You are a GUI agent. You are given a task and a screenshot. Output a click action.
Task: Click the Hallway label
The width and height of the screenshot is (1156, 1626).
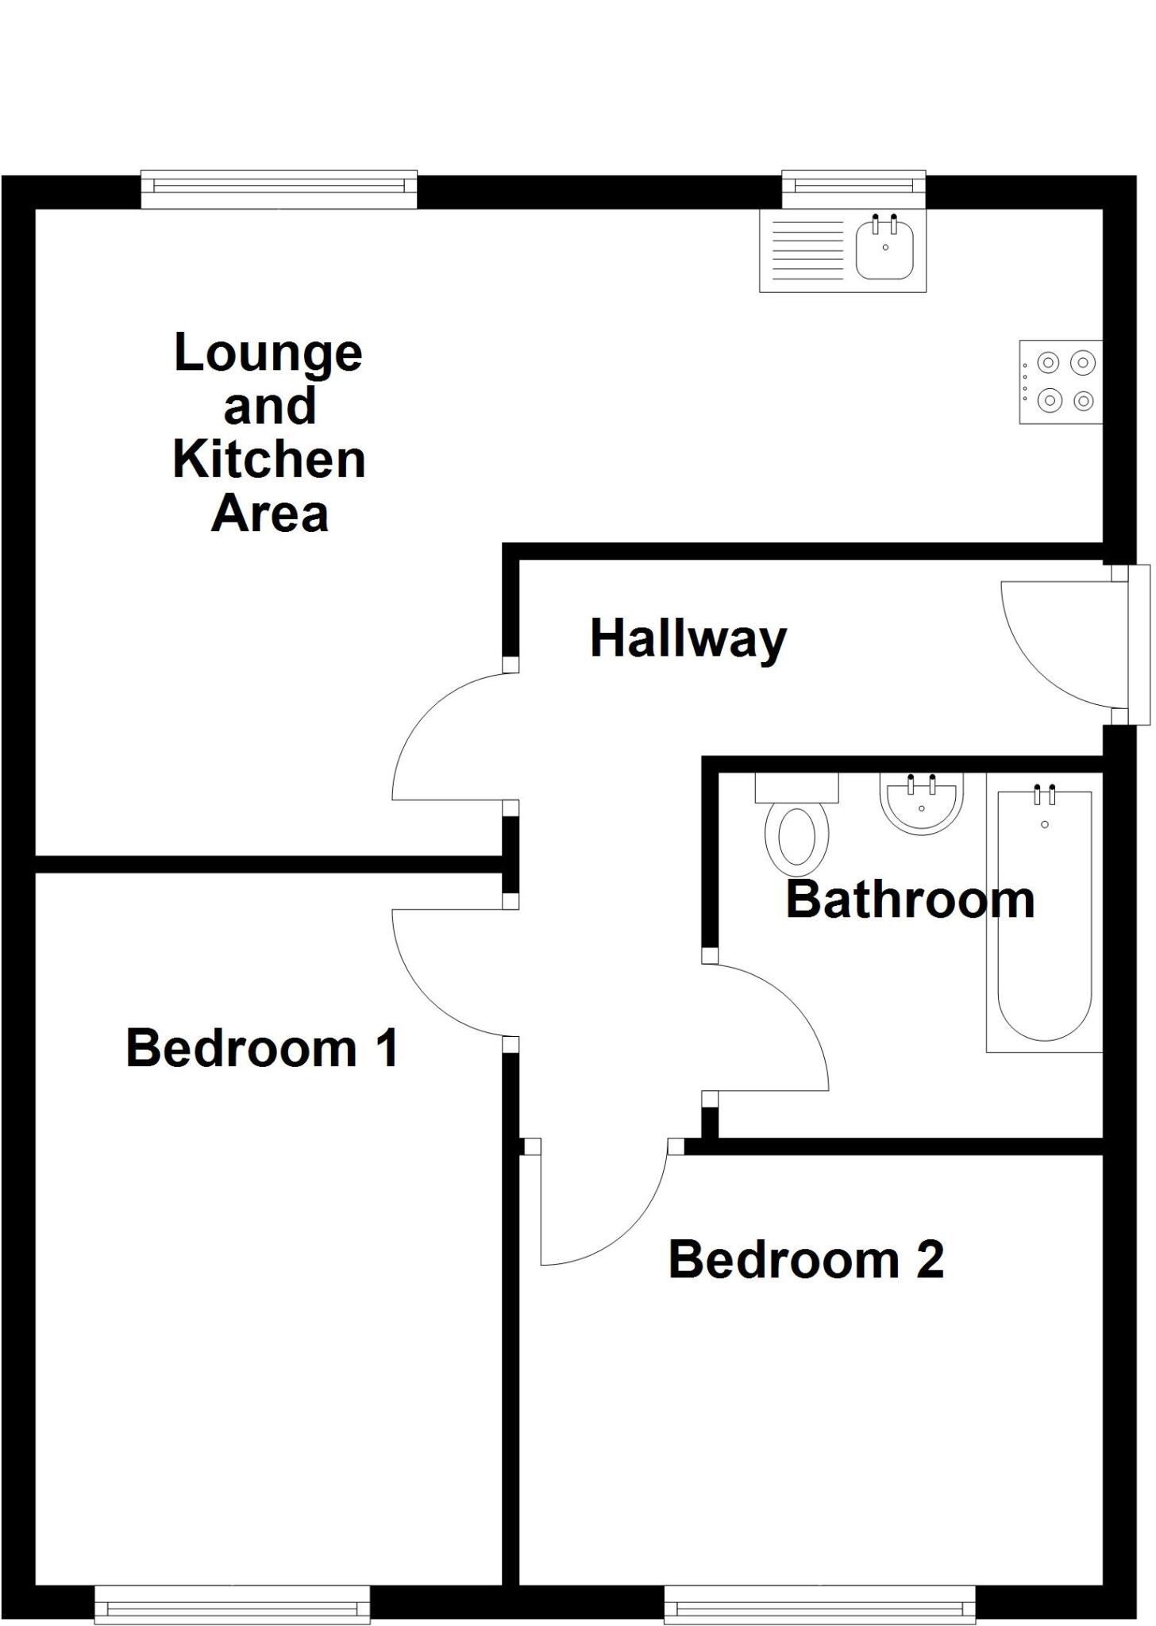point(688,639)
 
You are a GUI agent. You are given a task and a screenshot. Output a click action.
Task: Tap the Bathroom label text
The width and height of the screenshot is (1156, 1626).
point(910,900)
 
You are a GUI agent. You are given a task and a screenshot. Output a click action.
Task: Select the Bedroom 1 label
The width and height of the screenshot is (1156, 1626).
point(261,1048)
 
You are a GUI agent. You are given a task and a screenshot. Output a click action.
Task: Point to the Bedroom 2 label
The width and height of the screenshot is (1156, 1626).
point(806,1259)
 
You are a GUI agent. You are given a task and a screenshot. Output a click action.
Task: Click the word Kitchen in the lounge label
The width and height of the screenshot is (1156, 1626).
point(268,460)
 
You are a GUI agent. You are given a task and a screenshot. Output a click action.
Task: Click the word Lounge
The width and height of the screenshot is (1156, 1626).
point(268,353)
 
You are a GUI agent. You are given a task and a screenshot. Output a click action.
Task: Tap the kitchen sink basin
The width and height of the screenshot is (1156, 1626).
point(884,250)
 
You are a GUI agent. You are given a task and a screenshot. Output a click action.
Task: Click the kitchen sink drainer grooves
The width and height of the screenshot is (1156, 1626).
point(807,250)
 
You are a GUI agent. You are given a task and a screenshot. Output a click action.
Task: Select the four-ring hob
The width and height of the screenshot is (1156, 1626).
point(1062,382)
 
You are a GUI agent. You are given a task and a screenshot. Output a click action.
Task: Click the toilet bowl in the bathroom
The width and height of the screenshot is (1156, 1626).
point(796,836)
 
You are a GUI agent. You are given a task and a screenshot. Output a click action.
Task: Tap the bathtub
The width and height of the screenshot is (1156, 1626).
point(1044,913)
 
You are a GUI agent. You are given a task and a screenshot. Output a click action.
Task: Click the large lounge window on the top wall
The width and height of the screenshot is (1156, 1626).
point(279,189)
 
